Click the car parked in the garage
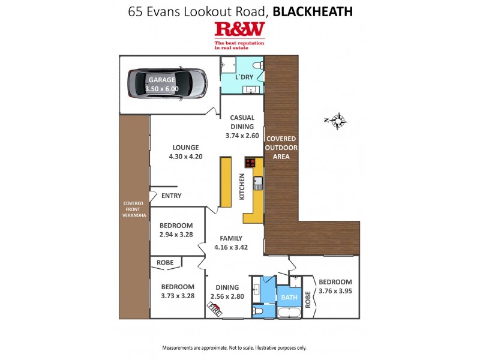tap(167, 84)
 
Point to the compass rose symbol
tap(338, 121)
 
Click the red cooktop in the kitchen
tap(250, 163)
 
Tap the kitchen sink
tap(259, 182)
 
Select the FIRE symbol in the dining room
tap(214, 310)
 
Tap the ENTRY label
tap(170, 196)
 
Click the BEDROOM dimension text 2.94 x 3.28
tap(176, 235)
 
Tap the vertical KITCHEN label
tap(242, 187)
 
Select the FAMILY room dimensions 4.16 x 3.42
tap(231, 247)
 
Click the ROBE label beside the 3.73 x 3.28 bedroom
tap(165, 263)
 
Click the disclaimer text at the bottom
tap(234, 347)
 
